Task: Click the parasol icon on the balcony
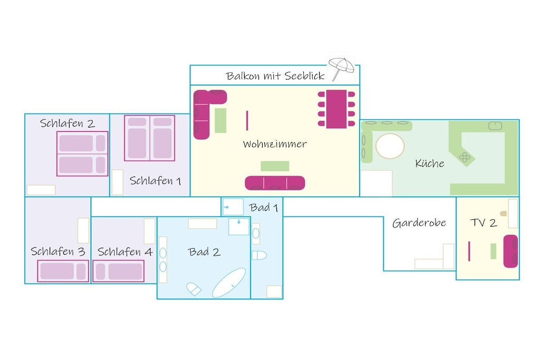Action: [x=341, y=68]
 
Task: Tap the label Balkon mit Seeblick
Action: [x=275, y=76]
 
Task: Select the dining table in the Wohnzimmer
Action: [x=336, y=109]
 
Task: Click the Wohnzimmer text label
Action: [x=274, y=144]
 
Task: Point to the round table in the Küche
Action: [x=390, y=146]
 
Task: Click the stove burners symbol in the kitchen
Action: [x=465, y=157]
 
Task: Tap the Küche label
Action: [x=429, y=163]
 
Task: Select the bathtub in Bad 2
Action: [x=229, y=283]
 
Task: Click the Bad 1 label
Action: [x=264, y=208]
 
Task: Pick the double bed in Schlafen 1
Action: [x=149, y=138]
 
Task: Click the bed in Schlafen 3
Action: [x=63, y=271]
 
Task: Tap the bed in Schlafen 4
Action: [x=119, y=271]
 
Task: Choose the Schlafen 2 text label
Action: [x=67, y=123]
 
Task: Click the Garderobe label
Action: [x=419, y=223]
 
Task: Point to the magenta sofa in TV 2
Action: [x=510, y=251]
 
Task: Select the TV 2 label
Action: [x=484, y=222]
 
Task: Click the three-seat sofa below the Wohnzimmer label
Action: [x=275, y=183]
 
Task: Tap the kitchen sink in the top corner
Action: [x=495, y=125]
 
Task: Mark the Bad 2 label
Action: [x=204, y=252]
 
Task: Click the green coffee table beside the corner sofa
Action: [x=220, y=121]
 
